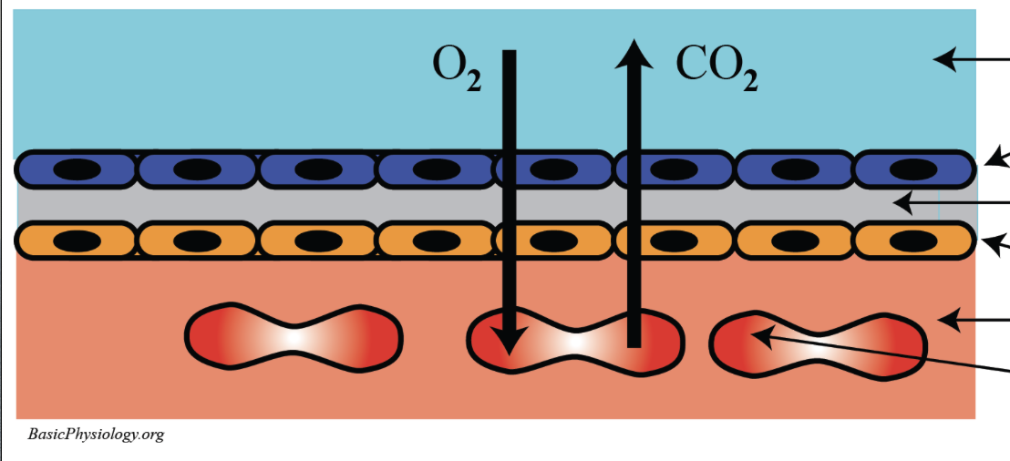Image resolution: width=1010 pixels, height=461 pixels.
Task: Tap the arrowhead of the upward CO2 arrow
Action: coord(633,55)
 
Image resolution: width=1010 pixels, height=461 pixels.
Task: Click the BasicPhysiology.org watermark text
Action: coord(96,435)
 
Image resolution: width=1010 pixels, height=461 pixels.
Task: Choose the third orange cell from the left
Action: coord(316,241)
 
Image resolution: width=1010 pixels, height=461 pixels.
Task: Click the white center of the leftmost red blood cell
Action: coord(294,336)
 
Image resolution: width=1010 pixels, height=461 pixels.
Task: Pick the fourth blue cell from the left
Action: coord(435,169)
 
